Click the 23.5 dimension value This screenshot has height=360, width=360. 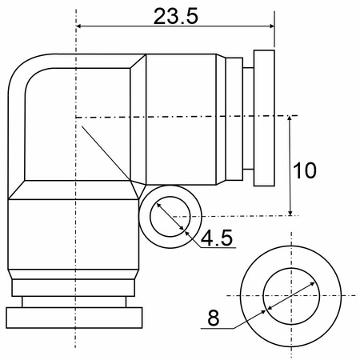click(x=176, y=16)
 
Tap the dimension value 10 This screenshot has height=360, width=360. click(x=305, y=170)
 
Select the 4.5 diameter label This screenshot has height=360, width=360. click(x=217, y=238)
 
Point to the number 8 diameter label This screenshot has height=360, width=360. click(x=214, y=318)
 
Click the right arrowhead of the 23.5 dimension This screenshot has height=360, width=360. click(x=271, y=26)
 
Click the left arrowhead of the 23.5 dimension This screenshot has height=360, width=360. click(x=79, y=26)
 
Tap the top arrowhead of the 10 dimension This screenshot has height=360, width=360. click(x=290, y=119)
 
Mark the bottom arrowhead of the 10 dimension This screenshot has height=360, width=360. click(x=290, y=212)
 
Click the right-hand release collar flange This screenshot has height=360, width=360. click(x=264, y=118)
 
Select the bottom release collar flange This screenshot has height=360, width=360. click(x=74, y=318)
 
